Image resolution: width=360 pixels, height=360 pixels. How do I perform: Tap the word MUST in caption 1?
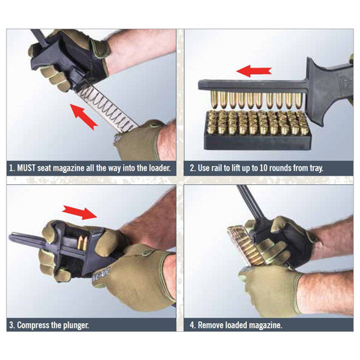coord(32,168)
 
